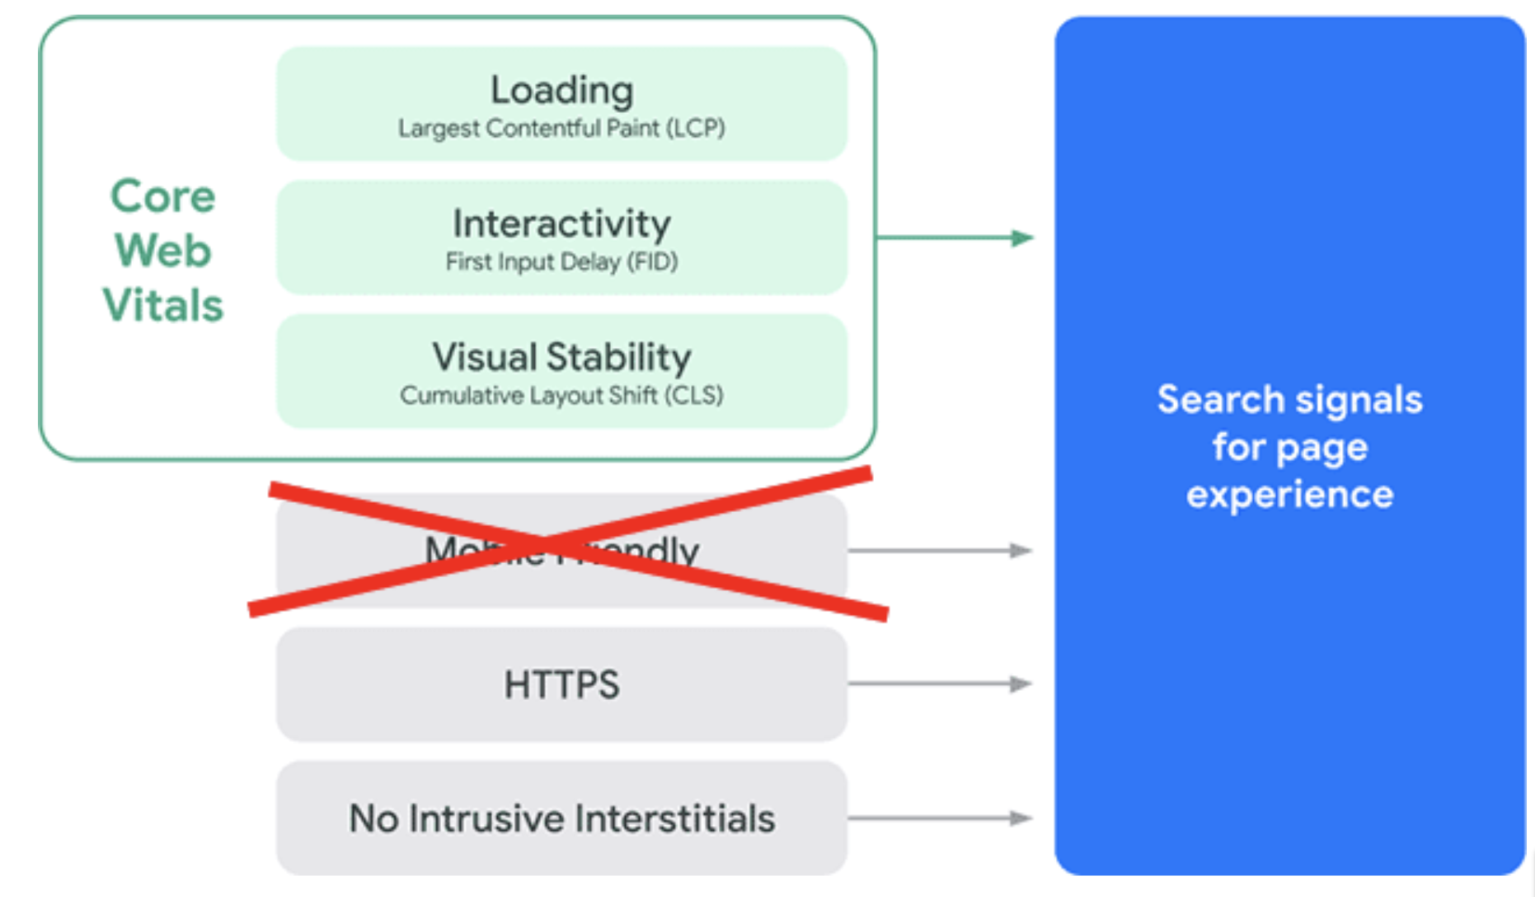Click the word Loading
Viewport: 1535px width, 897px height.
561,90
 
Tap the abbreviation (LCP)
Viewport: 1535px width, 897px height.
696,129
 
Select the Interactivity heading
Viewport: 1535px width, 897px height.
561,223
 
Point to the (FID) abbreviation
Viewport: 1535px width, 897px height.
652,262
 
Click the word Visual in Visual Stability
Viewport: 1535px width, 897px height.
484,357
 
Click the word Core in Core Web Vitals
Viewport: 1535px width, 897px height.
162,196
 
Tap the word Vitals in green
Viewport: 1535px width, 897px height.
162,305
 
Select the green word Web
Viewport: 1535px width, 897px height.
162,251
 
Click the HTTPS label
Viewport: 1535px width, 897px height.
561,684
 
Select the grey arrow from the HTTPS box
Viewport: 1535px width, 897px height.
940,683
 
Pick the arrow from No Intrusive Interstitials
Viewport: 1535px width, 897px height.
940,818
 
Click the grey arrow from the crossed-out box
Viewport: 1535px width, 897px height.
940,550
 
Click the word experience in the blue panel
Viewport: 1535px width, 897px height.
1289,495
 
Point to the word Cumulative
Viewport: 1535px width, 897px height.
461,396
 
